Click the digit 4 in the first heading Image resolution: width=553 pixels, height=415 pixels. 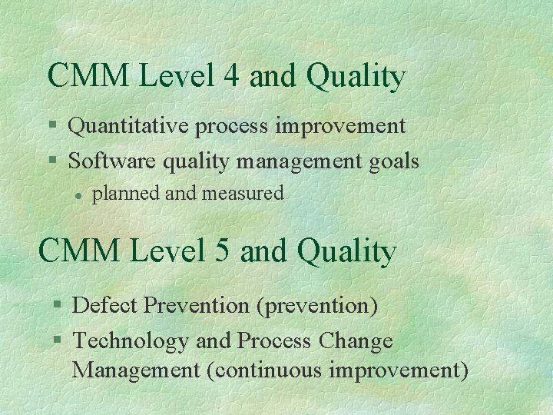(x=231, y=76)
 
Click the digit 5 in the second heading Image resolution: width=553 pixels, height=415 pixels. (x=222, y=251)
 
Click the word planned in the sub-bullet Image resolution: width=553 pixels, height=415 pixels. (x=127, y=194)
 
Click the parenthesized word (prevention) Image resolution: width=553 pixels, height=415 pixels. (x=317, y=306)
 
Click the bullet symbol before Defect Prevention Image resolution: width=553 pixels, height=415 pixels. (x=57, y=306)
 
